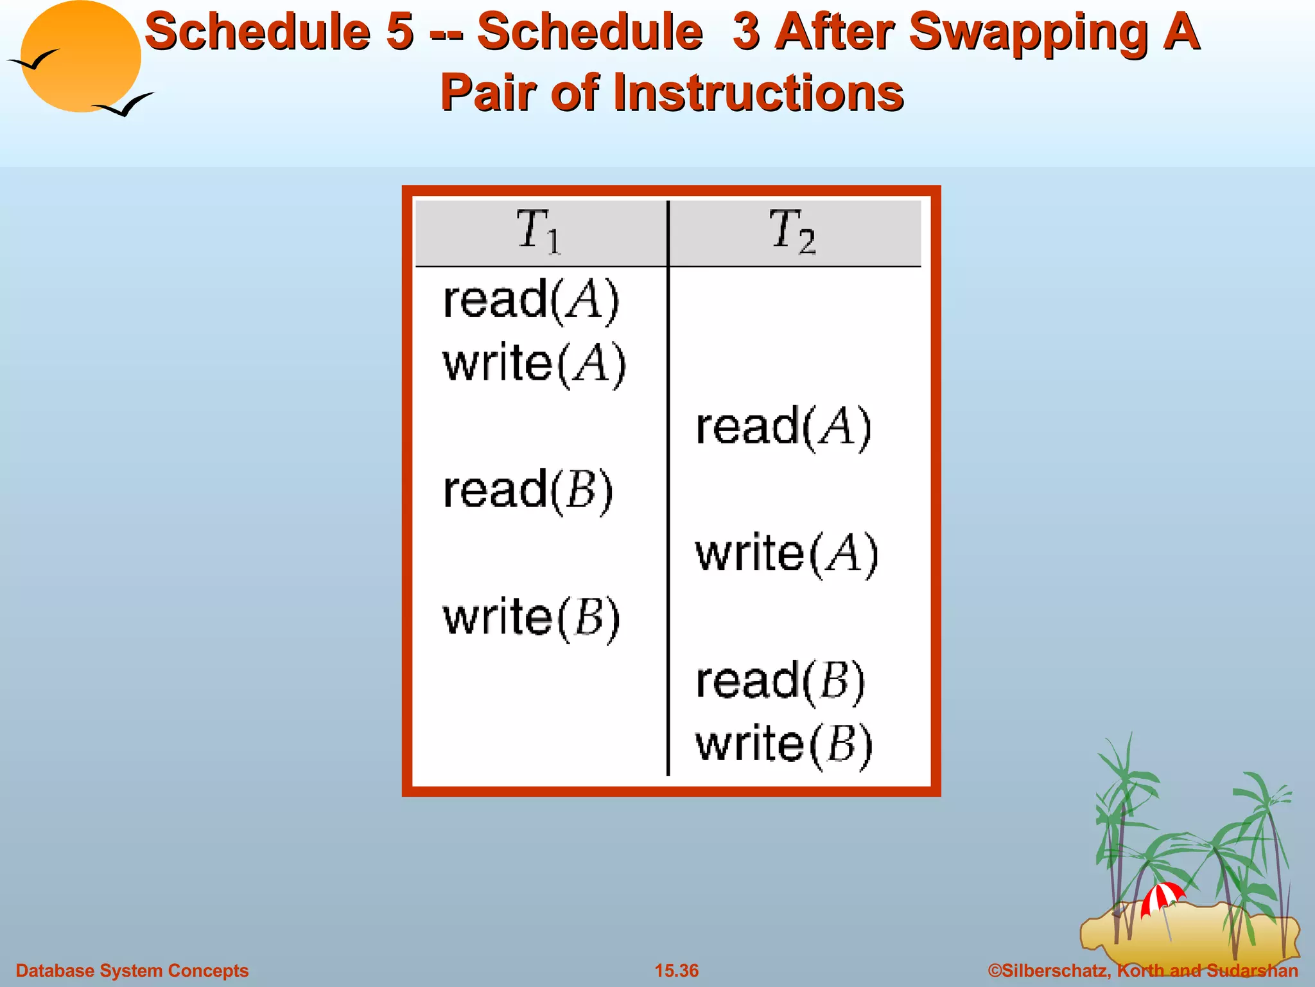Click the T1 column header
point(538,231)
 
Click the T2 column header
point(792,231)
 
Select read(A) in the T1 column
point(530,300)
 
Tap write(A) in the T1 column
point(534,364)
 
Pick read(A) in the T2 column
point(783,427)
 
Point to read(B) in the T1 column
point(528,491)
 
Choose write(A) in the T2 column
point(787,554)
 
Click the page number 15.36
point(676,970)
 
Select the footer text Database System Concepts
point(132,970)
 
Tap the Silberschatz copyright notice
point(1143,970)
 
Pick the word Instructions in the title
point(758,93)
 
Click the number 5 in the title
point(399,32)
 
